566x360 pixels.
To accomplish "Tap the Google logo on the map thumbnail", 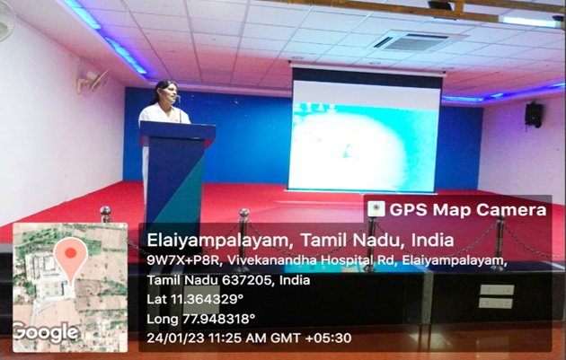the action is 46,332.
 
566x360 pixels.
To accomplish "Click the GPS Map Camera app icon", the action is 376,209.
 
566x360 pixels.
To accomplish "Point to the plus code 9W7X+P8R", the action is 184,260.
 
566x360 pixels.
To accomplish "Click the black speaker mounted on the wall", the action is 534,115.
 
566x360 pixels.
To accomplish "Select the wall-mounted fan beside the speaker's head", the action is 93,80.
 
